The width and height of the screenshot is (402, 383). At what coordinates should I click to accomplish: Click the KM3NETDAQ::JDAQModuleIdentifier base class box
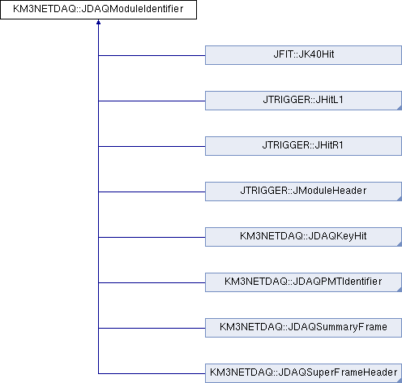point(98,10)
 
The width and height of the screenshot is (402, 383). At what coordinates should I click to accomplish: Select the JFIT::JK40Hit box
point(303,55)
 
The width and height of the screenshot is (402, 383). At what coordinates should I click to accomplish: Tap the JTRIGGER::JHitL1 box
point(303,101)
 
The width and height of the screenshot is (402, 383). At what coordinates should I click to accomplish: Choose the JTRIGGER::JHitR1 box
point(303,146)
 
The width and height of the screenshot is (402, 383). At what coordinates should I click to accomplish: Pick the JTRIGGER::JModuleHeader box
point(303,191)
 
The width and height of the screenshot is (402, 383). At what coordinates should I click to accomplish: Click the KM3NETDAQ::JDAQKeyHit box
point(303,237)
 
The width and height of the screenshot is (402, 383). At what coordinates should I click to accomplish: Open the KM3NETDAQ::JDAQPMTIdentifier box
point(303,282)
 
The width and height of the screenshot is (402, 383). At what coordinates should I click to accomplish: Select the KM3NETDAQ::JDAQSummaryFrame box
point(303,328)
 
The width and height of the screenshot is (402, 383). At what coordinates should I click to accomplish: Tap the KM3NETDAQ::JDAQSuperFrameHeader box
point(303,373)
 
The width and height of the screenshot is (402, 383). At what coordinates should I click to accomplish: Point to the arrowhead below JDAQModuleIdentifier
point(98,22)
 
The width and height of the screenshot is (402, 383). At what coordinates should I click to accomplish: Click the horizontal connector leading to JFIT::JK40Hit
point(152,55)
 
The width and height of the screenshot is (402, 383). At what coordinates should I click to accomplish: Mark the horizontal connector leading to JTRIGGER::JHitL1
point(152,101)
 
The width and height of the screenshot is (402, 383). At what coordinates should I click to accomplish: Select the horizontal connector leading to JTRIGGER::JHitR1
point(152,146)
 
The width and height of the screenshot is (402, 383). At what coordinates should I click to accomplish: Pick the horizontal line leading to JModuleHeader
point(152,191)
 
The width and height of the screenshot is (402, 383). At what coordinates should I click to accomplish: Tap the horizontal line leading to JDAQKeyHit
point(152,237)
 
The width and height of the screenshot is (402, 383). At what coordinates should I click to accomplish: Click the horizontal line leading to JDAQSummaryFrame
point(152,328)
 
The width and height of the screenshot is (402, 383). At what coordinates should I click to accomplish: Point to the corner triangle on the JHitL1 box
point(400,108)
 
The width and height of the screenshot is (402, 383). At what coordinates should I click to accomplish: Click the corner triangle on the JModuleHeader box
point(400,199)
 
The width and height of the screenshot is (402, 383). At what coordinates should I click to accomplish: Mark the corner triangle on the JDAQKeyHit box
point(400,244)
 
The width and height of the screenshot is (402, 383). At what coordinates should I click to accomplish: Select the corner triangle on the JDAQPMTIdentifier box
point(400,290)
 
